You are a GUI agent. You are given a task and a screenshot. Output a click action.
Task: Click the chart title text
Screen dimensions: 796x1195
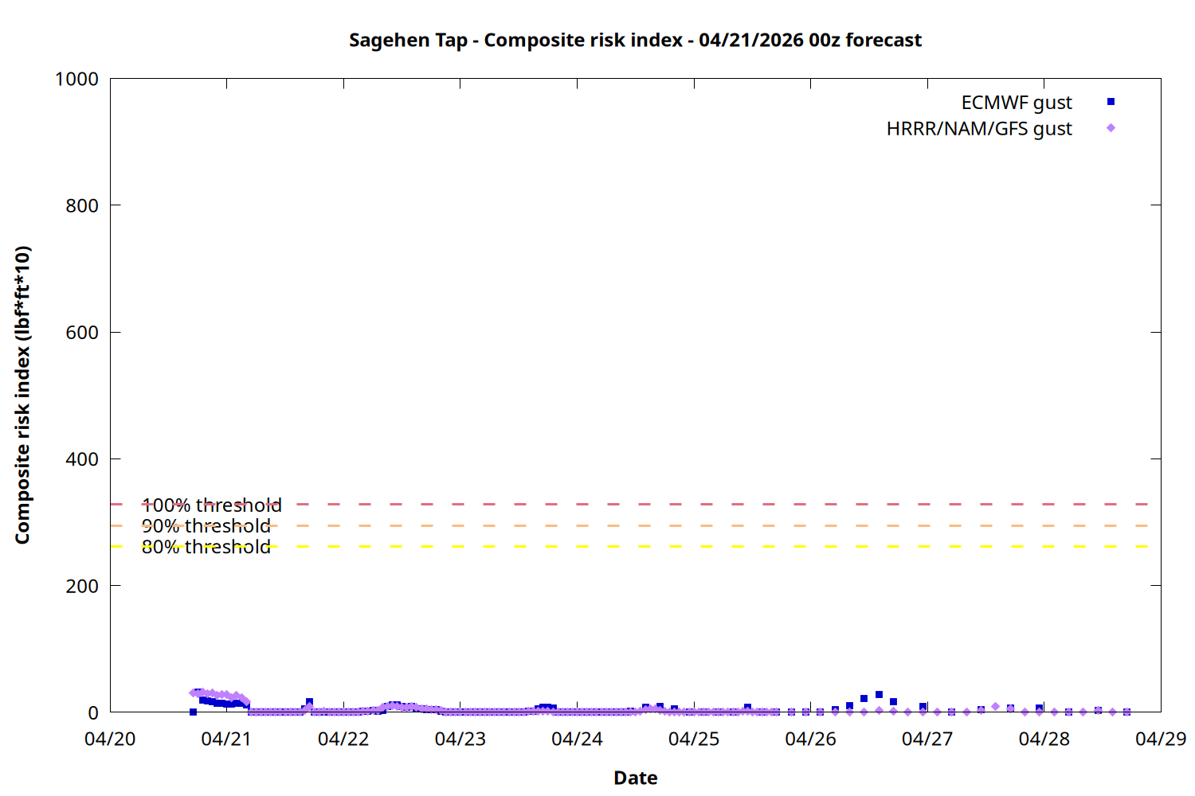(635, 41)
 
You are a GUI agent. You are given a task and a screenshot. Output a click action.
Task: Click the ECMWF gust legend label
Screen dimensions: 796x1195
(1016, 103)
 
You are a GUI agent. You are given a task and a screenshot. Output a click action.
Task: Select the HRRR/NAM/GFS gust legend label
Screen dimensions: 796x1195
(978, 129)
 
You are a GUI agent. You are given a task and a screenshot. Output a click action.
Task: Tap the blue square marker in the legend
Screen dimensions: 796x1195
(1111, 102)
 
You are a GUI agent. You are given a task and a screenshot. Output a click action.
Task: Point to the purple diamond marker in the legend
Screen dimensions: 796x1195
(1111, 128)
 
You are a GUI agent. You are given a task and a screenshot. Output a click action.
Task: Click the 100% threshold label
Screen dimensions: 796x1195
(211, 505)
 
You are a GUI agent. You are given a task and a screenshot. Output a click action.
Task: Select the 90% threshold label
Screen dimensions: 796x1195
(206, 526)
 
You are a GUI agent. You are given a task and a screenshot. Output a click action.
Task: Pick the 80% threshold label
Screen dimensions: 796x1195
(206, 547)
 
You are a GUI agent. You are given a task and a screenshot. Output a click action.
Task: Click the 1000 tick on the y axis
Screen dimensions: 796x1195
(76, 79)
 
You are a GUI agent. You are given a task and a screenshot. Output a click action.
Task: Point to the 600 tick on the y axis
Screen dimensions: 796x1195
(82, 333)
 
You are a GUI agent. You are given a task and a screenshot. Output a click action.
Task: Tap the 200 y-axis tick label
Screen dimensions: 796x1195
(82, 586)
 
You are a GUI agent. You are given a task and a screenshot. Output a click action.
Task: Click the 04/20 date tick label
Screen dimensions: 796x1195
(110, 739)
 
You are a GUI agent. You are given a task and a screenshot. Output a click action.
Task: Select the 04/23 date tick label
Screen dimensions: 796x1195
(460, 739)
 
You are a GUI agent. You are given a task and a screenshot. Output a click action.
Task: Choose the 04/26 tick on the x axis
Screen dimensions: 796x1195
(810, 739)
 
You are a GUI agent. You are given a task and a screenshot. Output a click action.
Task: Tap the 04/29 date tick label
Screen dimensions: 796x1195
(1161, 739)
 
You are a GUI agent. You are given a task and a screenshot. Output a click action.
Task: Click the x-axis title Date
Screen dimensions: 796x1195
(635, 778)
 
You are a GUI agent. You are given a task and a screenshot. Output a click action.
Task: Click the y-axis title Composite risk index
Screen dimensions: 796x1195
(22, 395)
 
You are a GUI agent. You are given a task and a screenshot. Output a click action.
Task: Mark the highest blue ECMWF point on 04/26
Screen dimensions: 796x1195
(879, 695)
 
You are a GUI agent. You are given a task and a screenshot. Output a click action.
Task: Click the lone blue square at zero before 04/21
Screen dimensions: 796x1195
(193, 712)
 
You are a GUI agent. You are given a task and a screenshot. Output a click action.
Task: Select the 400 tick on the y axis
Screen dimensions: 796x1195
(82, 459)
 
